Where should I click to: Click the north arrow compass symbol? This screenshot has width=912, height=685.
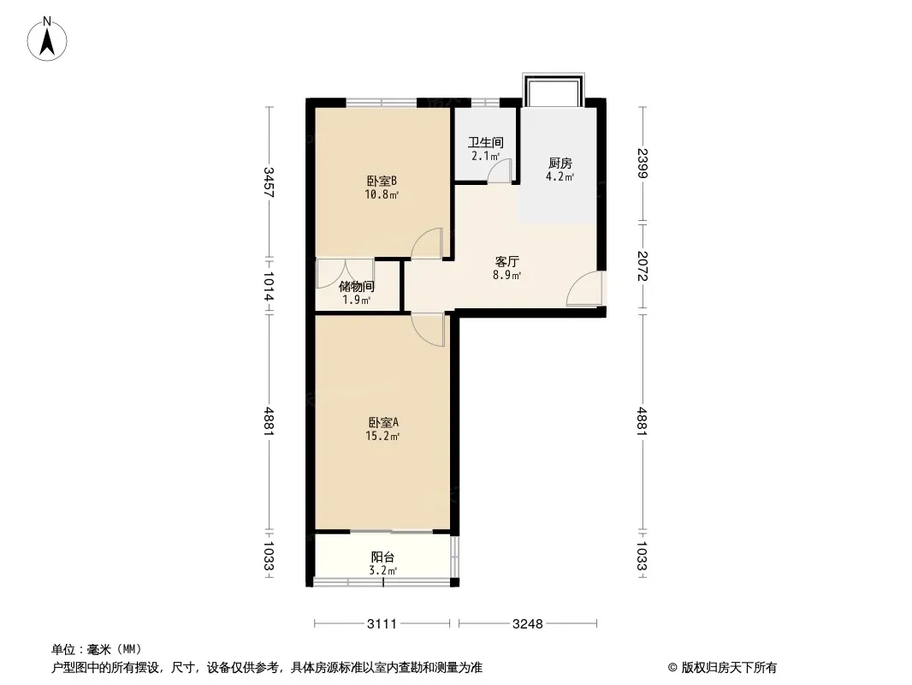47,39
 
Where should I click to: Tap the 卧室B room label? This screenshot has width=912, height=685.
382,181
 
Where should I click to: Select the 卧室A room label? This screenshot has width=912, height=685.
382,422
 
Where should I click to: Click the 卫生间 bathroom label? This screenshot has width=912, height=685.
486,143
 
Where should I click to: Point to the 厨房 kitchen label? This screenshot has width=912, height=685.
560,164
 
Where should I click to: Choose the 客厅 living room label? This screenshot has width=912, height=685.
506,262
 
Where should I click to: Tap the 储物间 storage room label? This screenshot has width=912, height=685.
357,286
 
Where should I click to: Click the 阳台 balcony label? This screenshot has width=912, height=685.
382,557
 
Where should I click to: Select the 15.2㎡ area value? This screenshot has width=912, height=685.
382,437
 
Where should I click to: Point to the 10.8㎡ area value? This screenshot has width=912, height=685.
382,195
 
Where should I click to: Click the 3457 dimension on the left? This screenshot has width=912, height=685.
269,182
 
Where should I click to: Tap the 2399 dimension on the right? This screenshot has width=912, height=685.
643,164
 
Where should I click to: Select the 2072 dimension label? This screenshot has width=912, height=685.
643,266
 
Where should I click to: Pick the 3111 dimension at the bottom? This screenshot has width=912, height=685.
382,624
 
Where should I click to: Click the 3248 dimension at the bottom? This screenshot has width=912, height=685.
528,624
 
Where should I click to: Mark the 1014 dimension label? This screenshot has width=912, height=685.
269,286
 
